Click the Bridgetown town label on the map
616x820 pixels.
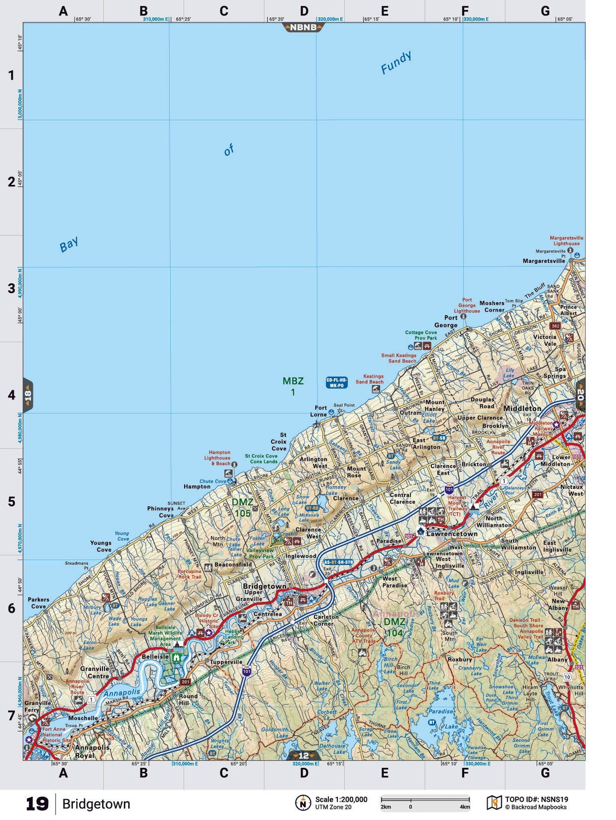pos(264,586)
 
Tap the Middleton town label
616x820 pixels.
pos(522,408)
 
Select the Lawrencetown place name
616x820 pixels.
pos(452,534)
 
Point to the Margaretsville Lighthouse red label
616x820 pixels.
pos(566,241)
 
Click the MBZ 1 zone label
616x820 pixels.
pos(293,386)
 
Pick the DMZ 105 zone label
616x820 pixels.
pos(242,507)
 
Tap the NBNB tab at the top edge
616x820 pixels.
pos(303,27)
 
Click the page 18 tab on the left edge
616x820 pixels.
pos(28,395)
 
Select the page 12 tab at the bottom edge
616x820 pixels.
pos(303,755)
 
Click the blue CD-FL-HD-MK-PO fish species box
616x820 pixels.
pos(336,383)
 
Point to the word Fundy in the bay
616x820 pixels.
pos(396,62)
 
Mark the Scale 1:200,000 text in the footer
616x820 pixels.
pos(341,799)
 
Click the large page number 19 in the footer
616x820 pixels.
pos(37,804)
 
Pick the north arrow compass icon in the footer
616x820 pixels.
pos(303,803)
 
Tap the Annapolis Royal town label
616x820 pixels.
pos(92,751)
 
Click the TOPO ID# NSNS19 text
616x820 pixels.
pos(536,799)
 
